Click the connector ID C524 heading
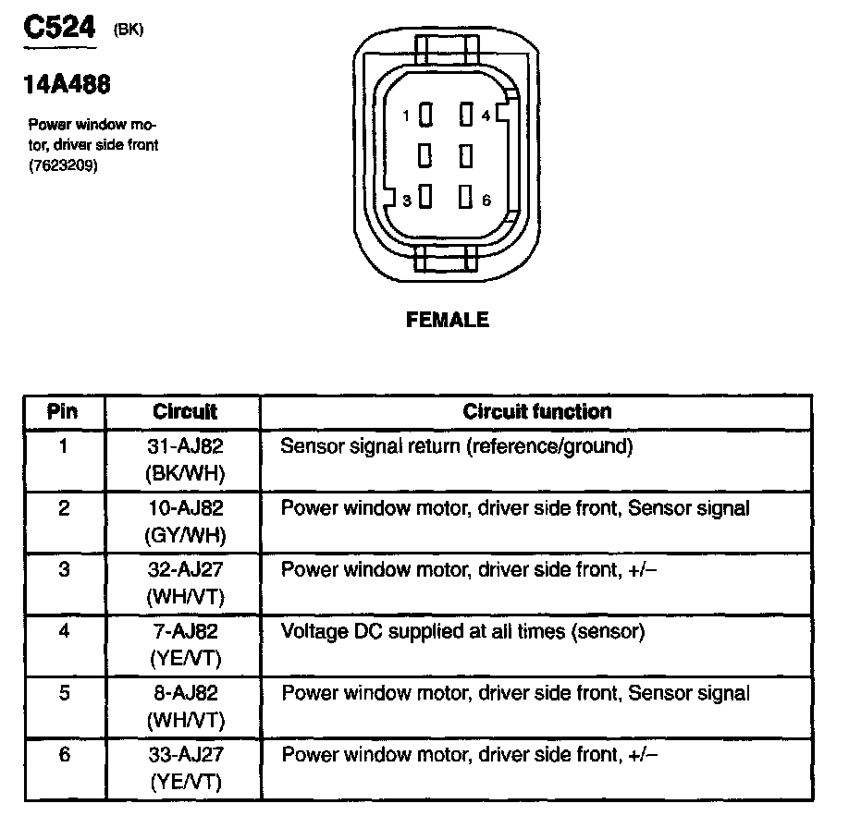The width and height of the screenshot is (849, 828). coord(57,29)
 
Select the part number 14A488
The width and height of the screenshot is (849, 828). coord(66,85)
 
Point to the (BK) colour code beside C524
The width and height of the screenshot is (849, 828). coord(129,30)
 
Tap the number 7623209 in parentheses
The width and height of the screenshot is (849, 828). coord(64,166)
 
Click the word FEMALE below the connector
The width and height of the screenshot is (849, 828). coord(447,321)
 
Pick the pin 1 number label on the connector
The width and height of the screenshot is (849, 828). coord(406,116)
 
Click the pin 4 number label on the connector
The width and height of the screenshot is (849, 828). coord(486,116)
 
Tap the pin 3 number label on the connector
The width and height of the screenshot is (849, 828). coord(406,200)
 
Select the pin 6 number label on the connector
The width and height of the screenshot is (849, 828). coord(486,200)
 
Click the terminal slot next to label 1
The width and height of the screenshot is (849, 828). coord(426,115)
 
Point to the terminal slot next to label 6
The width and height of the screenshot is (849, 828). coord(466,197)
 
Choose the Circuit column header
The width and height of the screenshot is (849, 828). coord(185,411)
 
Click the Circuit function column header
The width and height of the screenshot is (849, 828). coord(536,411)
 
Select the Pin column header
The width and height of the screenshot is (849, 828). coord(63,411)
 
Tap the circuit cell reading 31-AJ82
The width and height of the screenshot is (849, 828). coord(185,447)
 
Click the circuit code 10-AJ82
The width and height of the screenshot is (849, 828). coord(185,508)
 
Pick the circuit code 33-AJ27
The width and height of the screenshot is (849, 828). coord(185,755)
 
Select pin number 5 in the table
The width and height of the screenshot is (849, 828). coord(63,693)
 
